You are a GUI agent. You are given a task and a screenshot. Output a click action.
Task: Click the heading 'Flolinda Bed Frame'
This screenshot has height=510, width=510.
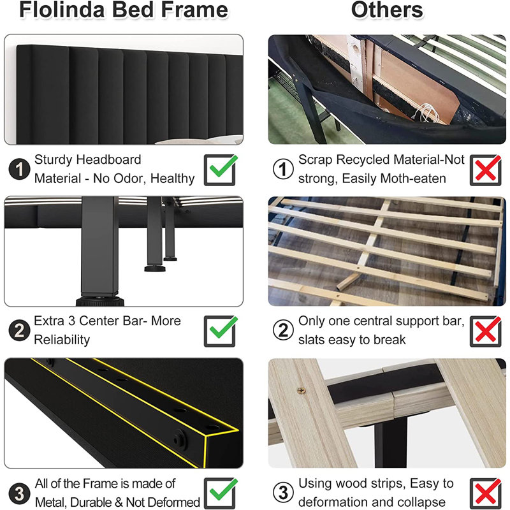[124, 10]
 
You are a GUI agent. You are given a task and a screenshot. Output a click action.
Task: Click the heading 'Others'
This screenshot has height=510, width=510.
[387, 10]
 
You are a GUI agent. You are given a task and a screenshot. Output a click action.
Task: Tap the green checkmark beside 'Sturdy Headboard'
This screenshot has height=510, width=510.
[223, 166]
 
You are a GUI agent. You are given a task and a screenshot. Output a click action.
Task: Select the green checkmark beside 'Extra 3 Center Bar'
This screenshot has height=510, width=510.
[223, 328]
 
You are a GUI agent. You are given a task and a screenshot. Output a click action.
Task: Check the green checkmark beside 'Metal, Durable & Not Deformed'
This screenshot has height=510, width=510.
[223, 490]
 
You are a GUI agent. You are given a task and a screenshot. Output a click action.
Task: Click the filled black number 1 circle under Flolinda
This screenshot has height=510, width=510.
[20, 169]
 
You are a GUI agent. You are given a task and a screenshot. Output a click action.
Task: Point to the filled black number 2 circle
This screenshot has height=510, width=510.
[20, 330]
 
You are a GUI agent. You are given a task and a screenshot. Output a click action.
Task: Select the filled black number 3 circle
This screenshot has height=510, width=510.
[20, 493]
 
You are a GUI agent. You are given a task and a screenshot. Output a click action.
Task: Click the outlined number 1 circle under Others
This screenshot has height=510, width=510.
[283, 169]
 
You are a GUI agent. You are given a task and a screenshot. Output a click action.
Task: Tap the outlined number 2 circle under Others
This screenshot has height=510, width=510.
[283, 330]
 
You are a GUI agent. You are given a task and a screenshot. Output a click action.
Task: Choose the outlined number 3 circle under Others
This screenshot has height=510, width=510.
[283, 492]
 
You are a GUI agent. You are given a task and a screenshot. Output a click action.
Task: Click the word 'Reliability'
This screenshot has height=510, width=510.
[62, 340]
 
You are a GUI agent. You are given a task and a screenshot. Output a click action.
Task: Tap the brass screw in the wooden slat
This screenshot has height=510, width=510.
[302, 390]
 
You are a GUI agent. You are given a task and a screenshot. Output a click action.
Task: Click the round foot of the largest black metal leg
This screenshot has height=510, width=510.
[100, 301]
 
